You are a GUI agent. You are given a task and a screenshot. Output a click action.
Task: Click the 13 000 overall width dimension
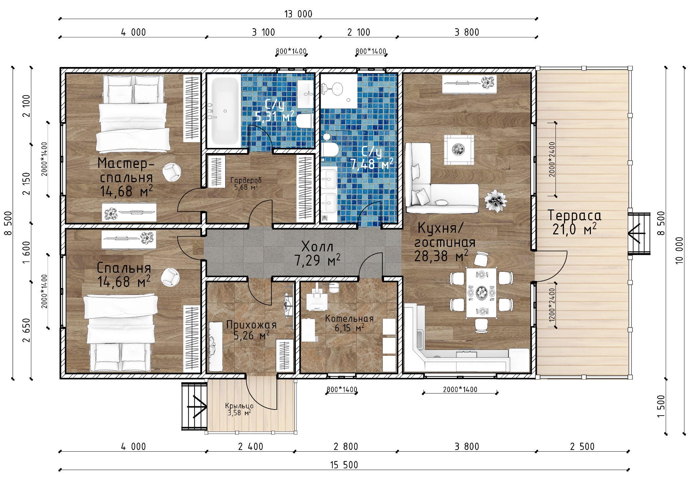pos(298,14)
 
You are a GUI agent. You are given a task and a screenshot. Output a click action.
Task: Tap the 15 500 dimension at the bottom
pos(344,465)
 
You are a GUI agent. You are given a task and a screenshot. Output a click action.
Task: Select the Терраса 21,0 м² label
pos(574,222)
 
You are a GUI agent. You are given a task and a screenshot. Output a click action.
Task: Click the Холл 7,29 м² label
pos(317,253)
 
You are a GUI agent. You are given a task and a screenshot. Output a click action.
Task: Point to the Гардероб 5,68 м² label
pos(246,183)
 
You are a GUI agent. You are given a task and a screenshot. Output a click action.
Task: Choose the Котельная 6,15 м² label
pos(349,323)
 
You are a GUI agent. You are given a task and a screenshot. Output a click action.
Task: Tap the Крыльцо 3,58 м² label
pos(239,409)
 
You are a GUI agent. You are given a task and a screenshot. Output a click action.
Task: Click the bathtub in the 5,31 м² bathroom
pos(224,111)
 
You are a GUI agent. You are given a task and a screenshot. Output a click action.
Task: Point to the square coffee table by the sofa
pos(459,150)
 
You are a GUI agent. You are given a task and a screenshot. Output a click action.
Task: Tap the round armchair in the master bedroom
pos(172,172)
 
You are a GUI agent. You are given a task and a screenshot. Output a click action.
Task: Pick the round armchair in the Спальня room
pos(170,277)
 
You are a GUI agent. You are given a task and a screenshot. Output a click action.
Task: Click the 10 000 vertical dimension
pos(679,251)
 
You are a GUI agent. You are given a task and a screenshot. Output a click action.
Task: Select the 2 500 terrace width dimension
pos(582,447)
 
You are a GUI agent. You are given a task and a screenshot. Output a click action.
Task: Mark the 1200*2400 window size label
pos(552,305)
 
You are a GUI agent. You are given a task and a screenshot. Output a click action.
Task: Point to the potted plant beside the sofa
pos(496,201)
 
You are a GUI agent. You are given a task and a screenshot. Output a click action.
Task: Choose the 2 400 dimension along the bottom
pos(251,447)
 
